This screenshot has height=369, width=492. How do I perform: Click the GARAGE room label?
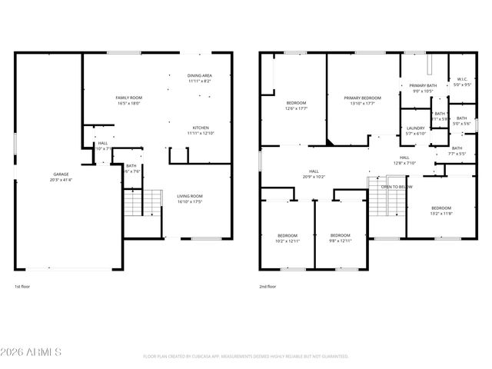[61, 175]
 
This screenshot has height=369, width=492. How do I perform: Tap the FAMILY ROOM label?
[129, 98]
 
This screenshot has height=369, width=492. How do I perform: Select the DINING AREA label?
[199, 75]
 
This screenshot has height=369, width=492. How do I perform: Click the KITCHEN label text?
[200, 128]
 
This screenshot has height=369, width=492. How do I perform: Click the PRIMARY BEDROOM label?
[362, 98]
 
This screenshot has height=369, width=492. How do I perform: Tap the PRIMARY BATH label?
[423, 85]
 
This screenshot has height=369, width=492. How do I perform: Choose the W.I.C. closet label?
[462, 78]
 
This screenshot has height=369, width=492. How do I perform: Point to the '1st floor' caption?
[22, 286]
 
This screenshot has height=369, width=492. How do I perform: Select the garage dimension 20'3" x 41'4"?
[61, 180]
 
